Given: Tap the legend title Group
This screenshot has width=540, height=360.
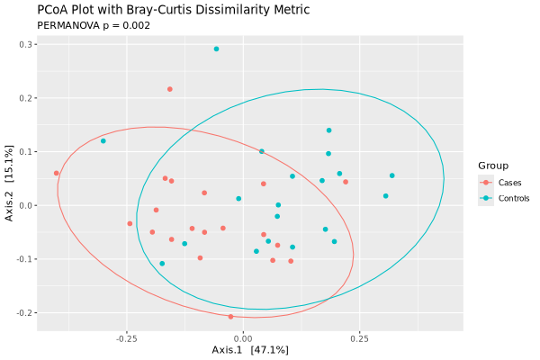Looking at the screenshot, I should pyautogui.click(x=493, y=166).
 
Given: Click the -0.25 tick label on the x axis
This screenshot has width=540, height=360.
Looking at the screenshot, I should pyautogui.click(x=126, y=339).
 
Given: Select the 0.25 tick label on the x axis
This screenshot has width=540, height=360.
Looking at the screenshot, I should pyautogui.click(x=358, y=339).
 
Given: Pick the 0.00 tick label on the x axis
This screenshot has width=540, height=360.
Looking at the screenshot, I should pyautogui.click(x=242, y=339).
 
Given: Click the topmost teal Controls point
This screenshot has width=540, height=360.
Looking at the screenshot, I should pyautogui.click(x=217, y=49).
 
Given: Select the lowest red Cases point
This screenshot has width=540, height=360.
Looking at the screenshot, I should pyautogui.click(x=230, y=317).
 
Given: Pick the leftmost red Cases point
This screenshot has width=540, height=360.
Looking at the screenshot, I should pyautogui.click(x=57, y=173).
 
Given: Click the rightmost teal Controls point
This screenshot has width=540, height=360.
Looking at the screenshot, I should pyautogui.click(x=392, y=175).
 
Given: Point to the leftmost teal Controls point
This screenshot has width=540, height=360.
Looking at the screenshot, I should pyautogui.click(x=103, y=141).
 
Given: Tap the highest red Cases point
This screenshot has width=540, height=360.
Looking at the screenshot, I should pyautogui.click(x=170, y=89).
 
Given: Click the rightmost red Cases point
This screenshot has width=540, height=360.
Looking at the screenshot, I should pyautogui.click(x=346, y=182).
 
